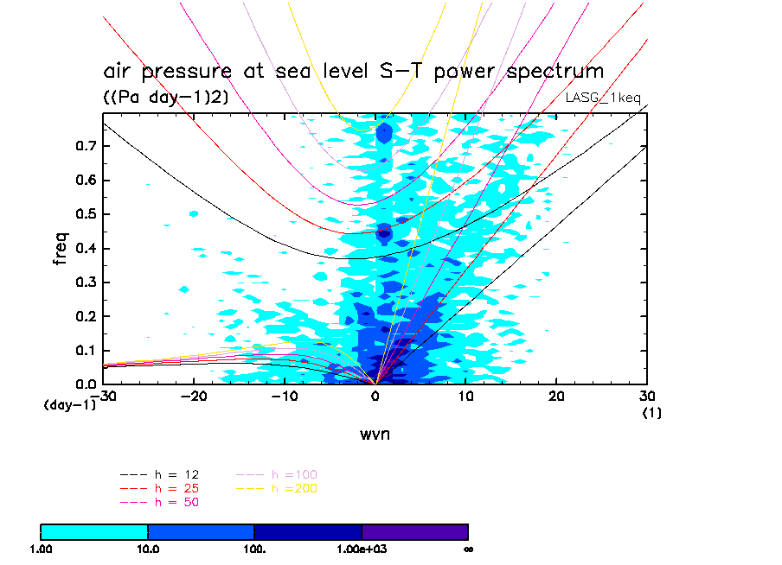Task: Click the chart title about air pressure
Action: (353, 71)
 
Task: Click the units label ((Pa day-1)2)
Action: (165, 98)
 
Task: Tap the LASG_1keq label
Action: (603, 98)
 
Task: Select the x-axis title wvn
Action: (375, 434)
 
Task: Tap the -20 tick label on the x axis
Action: (194, 396)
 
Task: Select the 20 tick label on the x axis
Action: (556, 396)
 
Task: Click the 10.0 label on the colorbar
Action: (148, 549)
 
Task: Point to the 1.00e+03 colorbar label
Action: (362, 549)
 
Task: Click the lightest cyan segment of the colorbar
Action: (94, 531)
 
